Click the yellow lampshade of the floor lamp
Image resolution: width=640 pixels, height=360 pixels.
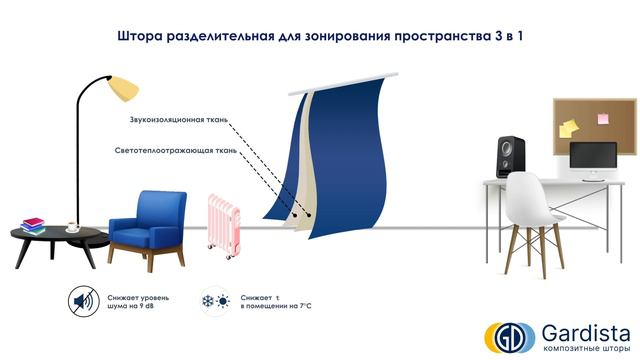[x=121, y=87]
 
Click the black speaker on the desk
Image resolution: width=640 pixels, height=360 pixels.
[x=510, y=156]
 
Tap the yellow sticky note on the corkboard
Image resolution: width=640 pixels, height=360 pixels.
[x=568, y=128]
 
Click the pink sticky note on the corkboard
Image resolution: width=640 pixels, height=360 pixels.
[x=604, y=119]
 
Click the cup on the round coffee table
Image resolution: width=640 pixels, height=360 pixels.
[x=72, y=226]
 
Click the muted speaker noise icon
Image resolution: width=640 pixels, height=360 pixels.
[x=83, y=301]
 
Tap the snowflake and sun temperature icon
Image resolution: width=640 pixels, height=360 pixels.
[x=216, y=301]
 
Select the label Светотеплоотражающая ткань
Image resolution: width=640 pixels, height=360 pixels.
[x=176, y=151]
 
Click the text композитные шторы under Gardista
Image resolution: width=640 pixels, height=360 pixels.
[x=580, y=348]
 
